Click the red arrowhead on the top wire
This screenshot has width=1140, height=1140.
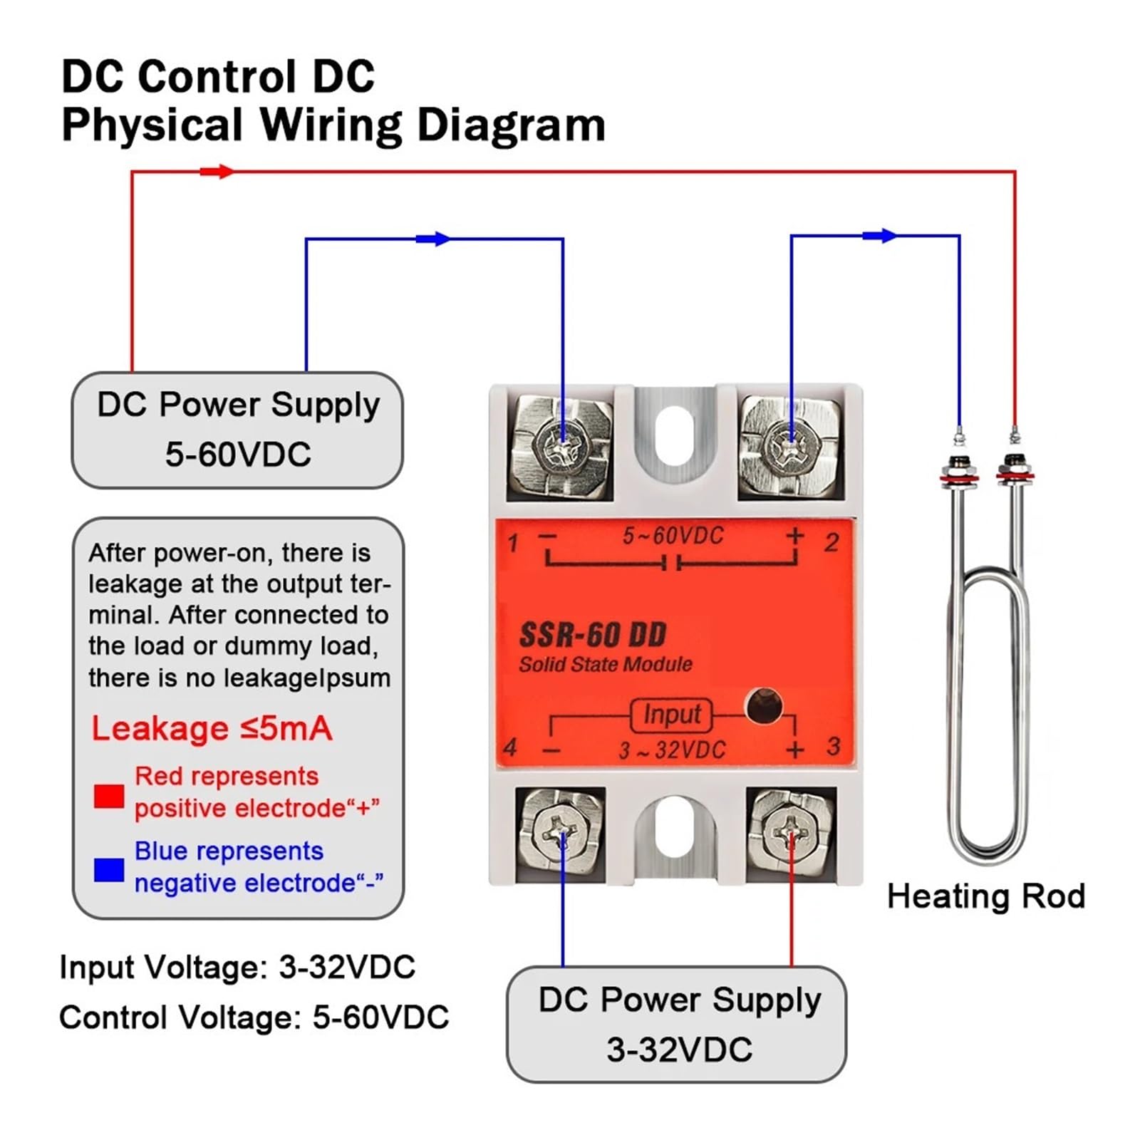[217, 172]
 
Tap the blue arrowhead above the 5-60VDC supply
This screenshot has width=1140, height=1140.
[433, 239]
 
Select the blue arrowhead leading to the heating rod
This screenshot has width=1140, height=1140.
[879, 235]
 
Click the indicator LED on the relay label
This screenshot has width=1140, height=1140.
[764, 707]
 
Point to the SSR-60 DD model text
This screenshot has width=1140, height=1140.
[593, 634]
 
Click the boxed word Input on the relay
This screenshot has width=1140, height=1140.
[671, 715]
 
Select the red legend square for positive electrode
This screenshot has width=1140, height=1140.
[109, 796]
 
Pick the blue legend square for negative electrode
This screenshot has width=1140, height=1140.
[109, 869]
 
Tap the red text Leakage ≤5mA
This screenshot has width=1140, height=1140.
[212, 728]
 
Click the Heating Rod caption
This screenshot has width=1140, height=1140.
[986, 896]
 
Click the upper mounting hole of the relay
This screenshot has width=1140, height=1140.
[673, 435]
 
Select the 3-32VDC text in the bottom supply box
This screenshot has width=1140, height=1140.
[679, 1050]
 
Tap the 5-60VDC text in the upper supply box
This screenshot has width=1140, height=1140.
[238, 454]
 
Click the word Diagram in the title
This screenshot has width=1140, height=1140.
[511, 125]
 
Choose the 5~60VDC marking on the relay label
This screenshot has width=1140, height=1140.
[673, 536]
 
